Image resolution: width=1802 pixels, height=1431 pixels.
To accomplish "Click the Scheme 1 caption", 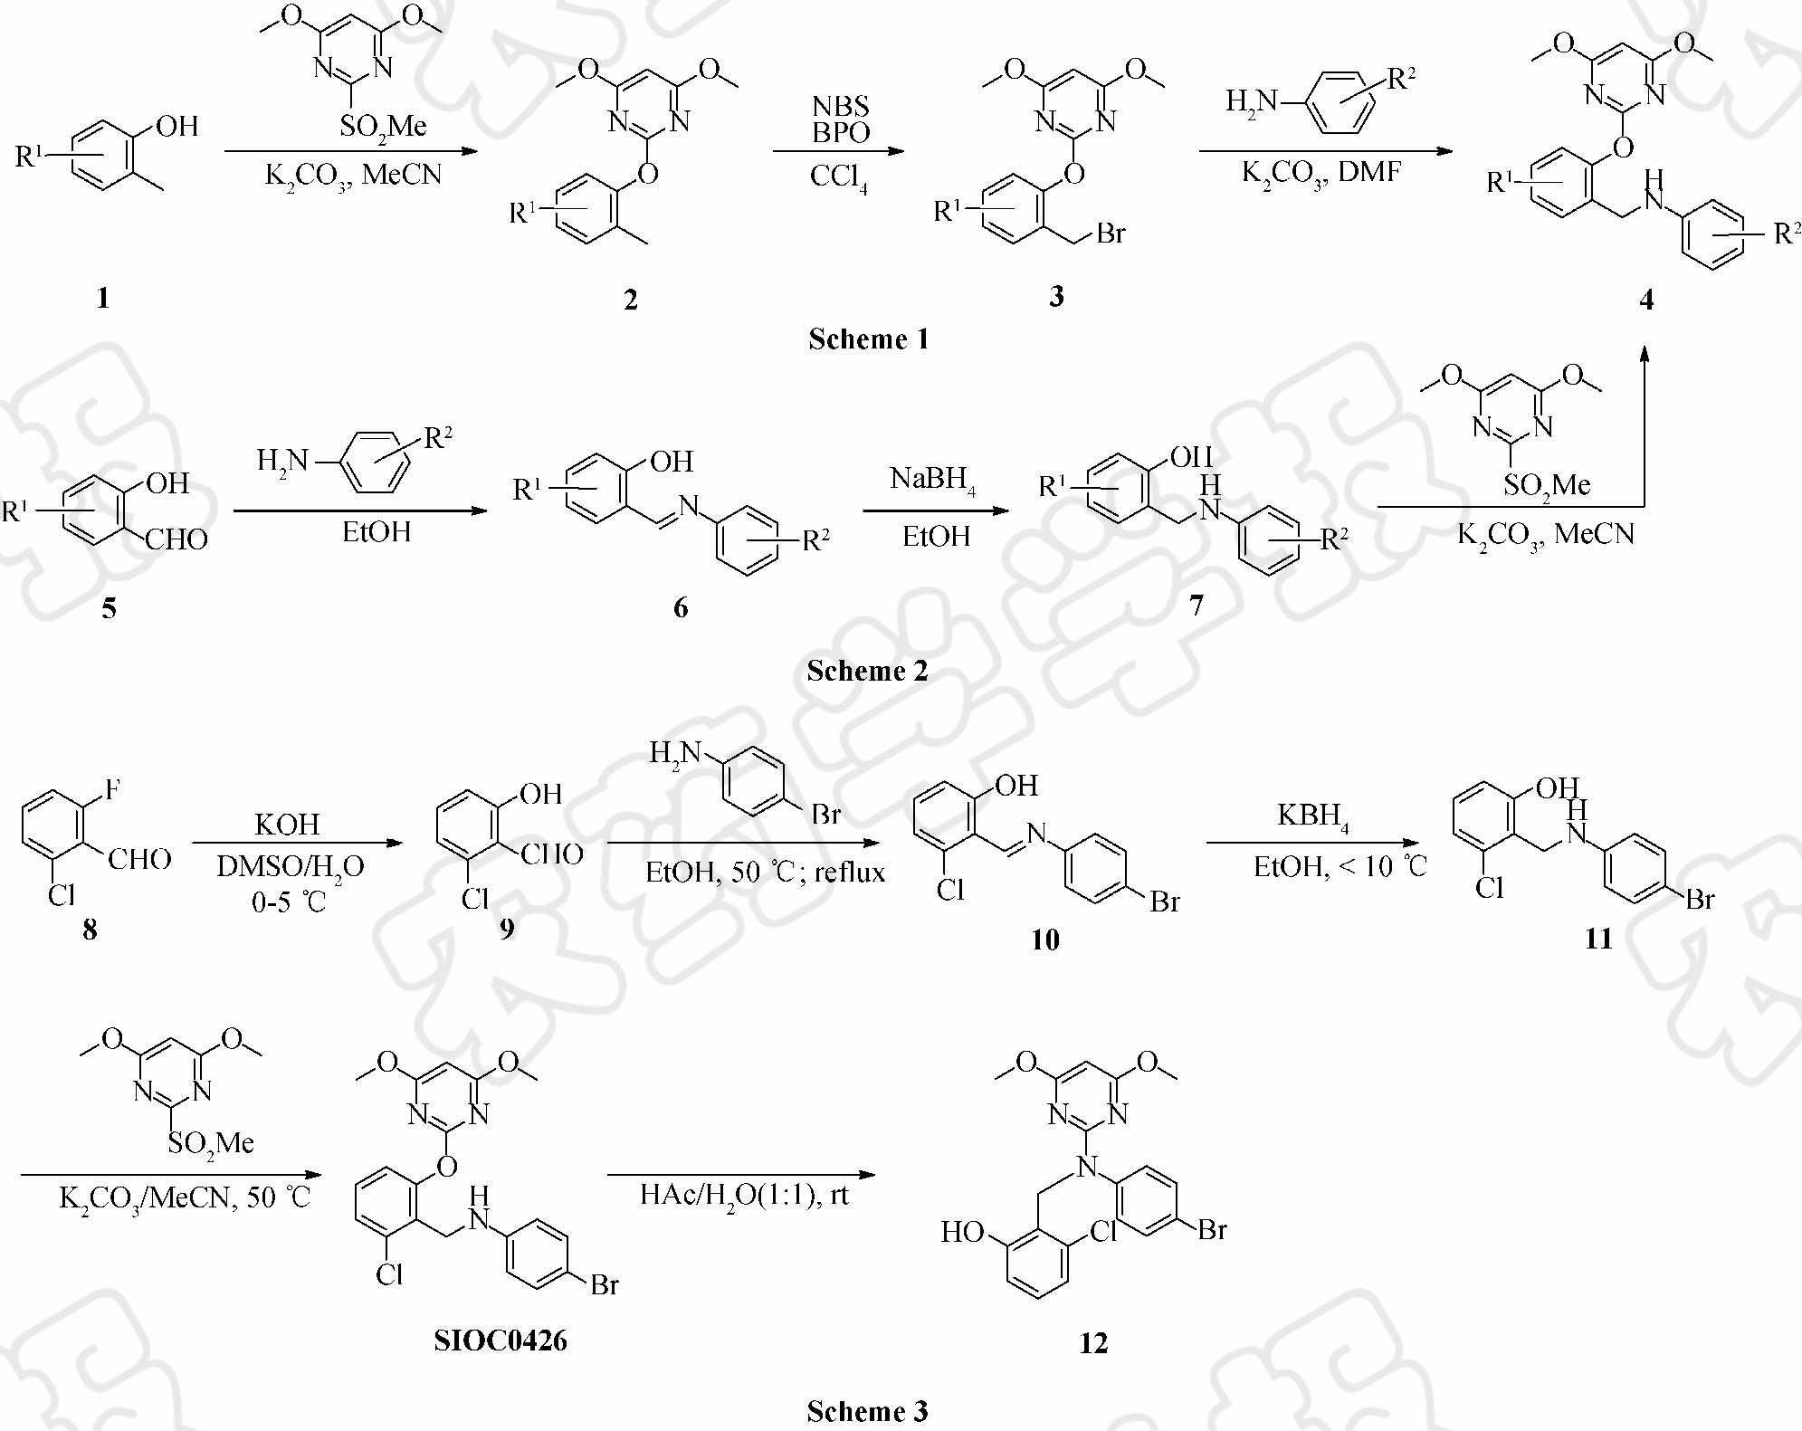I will click(x=868, y=339).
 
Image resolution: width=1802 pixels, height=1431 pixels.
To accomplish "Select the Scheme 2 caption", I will click(x=867, y=671).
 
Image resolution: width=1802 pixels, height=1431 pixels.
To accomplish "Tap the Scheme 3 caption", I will click(x=867, y=1411).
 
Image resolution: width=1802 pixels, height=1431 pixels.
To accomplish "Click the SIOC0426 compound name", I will click(x=500, y=1340).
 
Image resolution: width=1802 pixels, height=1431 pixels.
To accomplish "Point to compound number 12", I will click(x=1093, y=1343).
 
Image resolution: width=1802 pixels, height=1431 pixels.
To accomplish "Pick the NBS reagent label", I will click(x=841, y=107).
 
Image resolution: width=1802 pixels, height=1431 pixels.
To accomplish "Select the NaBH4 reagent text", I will click(x=932, y=479).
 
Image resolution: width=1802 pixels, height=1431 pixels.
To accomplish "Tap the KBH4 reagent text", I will click(x=1312, y=816).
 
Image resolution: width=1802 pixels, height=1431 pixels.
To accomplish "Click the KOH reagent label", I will click(x=287, y=824).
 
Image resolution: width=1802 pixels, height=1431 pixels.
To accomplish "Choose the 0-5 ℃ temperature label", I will click(x=288, y=902).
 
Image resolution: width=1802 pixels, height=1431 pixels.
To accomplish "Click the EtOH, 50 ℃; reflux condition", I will click(x=765, y=873).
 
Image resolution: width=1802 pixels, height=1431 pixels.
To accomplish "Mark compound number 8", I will click(x=90, y=930).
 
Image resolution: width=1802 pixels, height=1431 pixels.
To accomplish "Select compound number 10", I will click(x=1044, y=940).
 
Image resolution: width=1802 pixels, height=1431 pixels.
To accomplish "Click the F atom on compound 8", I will click(x=112, y=790).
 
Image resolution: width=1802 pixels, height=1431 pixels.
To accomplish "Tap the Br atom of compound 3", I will click(x=1111, y=234).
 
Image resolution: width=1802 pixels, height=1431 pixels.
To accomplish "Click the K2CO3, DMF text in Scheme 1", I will click(x=1321, y=172).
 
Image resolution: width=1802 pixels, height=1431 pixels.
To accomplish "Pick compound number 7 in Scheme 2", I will click(x=1197, y=606).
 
